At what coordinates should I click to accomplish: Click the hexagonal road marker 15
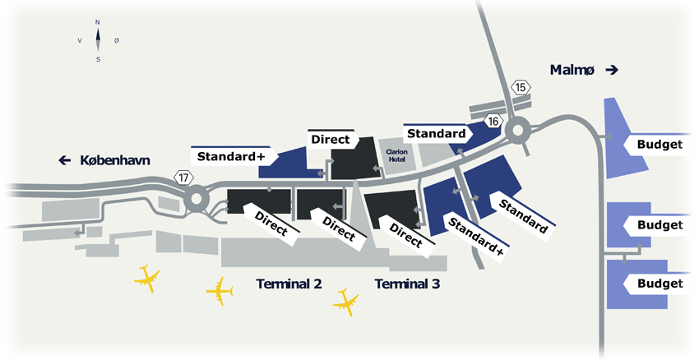point(520,87)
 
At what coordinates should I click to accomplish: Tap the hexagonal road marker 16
point(493,121)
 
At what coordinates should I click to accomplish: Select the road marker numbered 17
point(183,177)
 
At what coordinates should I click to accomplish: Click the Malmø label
point(574,71)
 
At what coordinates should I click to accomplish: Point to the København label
point(115,160)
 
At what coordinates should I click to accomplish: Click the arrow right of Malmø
point(611,71)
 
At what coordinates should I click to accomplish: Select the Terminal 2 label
point(289,284)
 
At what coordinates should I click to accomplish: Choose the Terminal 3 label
point(408,284)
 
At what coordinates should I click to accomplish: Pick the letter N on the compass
point(98,22)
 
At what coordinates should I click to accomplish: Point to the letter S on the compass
point(98,59)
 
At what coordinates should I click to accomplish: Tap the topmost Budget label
point(660,145)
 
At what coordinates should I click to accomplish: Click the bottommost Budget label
point(660,284)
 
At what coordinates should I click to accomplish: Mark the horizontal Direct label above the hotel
point(330,139)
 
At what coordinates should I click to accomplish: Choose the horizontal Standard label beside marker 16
point(437,133)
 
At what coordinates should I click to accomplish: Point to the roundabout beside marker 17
point(197,198)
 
